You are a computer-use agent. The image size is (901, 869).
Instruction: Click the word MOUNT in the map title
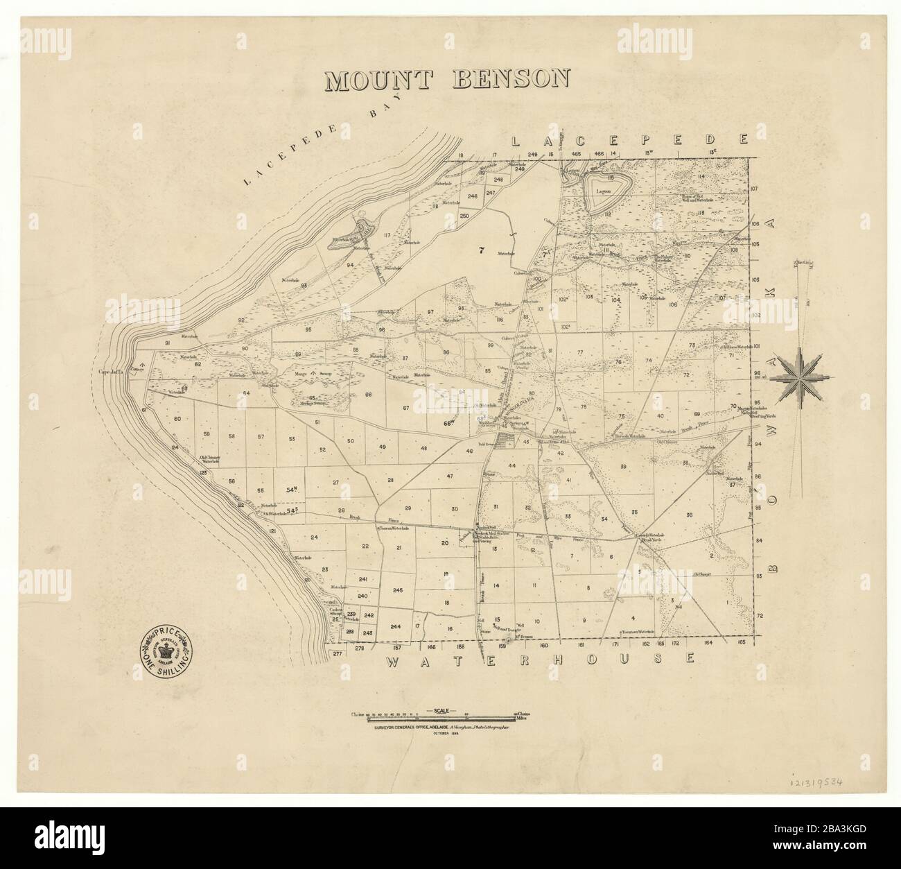(x=380, y=80)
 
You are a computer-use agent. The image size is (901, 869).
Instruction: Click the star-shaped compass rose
(x=799, y=377)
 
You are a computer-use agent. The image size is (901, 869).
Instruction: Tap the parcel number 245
(x=397, y=590)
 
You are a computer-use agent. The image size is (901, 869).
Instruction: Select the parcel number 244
(x=396, y=626)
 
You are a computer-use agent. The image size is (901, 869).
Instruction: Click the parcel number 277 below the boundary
(x=338, y=654)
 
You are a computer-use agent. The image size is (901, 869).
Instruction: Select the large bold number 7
(x=480, y=251)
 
